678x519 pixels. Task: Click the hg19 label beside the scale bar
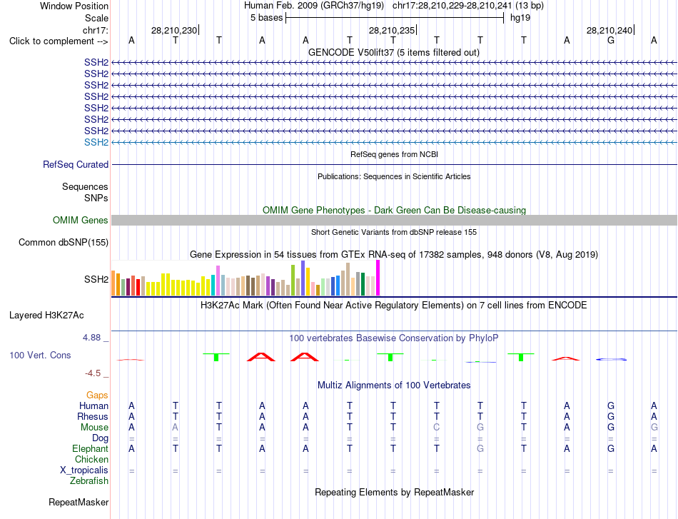pyautogui.click(x=520, y=18)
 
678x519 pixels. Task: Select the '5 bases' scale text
pyautogui.click(x=266, y=18)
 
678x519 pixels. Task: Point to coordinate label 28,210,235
pyautogui.click(x=392, y=30)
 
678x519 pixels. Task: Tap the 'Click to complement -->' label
pyautogui.click(x=59, y=41)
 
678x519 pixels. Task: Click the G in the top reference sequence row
pyautogui.click(x=610, y=41)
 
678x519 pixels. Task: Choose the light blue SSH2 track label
pyautogui.click(x=96, y=142)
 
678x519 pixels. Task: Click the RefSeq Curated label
pyautogui.click(x=76, y=164)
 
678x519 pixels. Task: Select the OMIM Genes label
pyautogui.click(x=81, y=220)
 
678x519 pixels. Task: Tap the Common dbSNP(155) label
pyautogui.click(x=64, y=242)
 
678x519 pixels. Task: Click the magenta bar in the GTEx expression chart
pyautogui.click(x=378, y=278)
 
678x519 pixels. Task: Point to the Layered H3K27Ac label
pyautogui.click(x=46, y=316)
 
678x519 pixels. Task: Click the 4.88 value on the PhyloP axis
pyautogui.click(x=91, y=338)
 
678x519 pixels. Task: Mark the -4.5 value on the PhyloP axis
pyautogui.click(x=93, y=373)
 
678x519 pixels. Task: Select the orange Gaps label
pyautogui.click(x=97, y=395)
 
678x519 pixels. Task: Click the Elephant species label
pyautogui.click(x=91, y=448)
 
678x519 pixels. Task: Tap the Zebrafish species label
pyautogui.click(x=89, y=480)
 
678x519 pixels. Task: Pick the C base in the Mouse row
pyautogui.click(x=437, y=428)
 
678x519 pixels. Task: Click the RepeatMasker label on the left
pyautogui.click(x=79, y=502)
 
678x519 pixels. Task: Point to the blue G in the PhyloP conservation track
pyautogui.click(x=611, y=359)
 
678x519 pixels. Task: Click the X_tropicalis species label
pyautogui.click(x=84, y=470)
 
